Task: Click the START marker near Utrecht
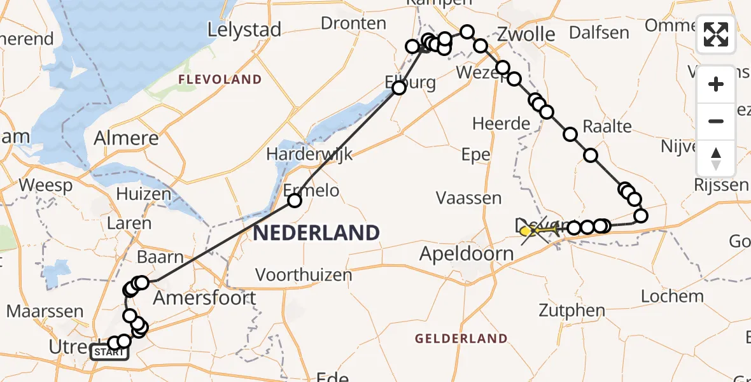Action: tap(109, 352)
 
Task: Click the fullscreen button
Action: tap(716, 34)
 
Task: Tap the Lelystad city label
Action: tap(244, 30)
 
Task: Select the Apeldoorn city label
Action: tap(467, 254)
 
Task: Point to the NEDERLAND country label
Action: tap(316, 232)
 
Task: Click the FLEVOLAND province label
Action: tap(220, 80)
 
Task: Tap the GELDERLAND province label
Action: tap(461, 339)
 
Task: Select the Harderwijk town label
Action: tap(309, 155)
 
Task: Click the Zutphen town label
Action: tap(572, 311)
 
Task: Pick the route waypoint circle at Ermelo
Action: tap(295, 201)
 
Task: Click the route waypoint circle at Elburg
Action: tap(399, 88)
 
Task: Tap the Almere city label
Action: tap(126, 138)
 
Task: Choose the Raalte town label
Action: tap(607, 125)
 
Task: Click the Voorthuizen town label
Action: tap(304, 275)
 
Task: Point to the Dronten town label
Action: tap(353, 24)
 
